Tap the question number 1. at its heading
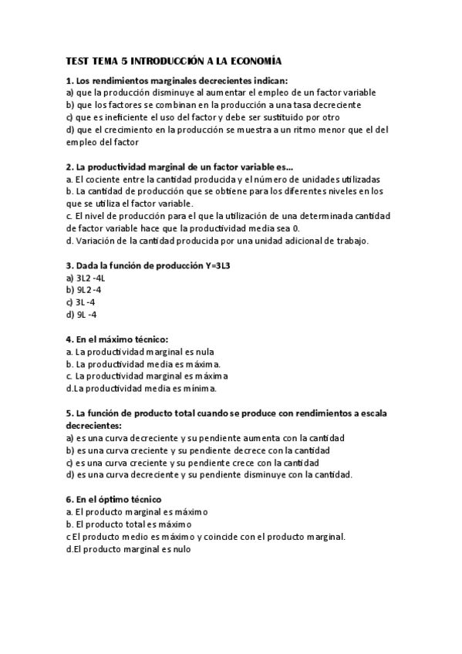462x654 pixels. pyautogui.click(x=70, y=80)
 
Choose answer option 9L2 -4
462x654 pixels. pyautogui.click(x=84, y=289)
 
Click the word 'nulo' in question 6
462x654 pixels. pyautogui.click(x=179, y=549)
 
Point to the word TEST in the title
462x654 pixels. pyautogui.click(x=79, y=60)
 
